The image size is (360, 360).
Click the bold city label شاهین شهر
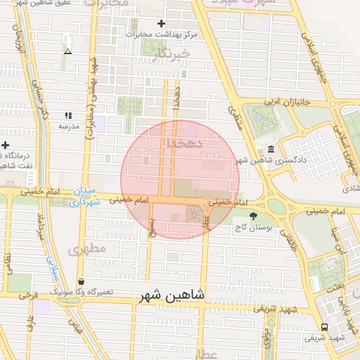click(x=167, y=296)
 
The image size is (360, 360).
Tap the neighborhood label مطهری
click(x=87, y=249)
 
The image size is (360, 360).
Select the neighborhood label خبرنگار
click(x=172, y=53)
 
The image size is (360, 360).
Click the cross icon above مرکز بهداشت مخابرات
click(x=161, y=23)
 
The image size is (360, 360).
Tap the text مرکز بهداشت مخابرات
click(x=162, y=34)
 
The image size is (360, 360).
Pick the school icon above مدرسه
click(x=68, y=115)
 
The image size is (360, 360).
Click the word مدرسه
click(x=68, y=127)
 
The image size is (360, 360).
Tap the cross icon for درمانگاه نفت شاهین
click(x=5, y=144)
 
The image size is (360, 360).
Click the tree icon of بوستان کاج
click(x=253, y=216)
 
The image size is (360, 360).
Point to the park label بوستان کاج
click(x=253, y=228)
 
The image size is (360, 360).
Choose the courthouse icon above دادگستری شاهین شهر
click(x=271, y=150)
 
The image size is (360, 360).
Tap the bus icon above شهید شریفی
click(x=324, y=327)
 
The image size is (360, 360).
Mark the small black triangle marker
click(x=67, y=51)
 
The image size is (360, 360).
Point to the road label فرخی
click(x=28, y=296)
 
